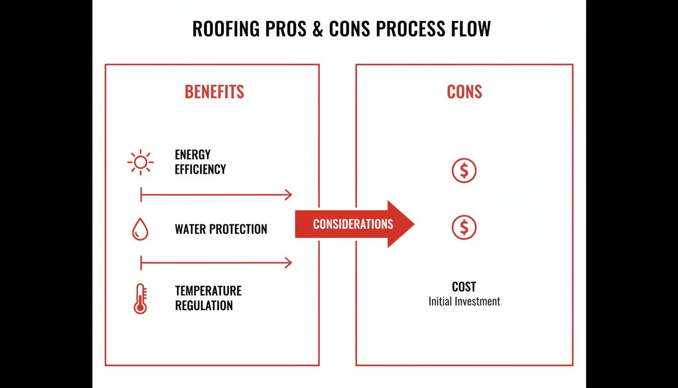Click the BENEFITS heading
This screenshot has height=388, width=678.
coord(214,92)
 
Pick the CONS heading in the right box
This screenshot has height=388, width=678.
coord(464,92)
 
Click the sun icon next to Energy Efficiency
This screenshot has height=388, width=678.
coord(140,162)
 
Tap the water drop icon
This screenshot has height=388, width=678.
coord(140,229)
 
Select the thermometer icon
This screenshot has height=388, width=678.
coord(140,299)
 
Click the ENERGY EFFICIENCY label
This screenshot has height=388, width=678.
coord(200,162)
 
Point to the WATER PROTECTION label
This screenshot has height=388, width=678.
coord(221,229)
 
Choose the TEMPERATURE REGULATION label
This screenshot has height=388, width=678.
coord(208,298)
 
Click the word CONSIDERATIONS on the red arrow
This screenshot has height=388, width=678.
coord(353,224)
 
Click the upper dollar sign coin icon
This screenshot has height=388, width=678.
coord(464,171)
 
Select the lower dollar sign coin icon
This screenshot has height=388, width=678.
coord(464,228)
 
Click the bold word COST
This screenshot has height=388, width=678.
coord(464,287)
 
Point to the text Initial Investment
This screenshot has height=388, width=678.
coord(464,302)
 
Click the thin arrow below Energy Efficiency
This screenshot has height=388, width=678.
coord(216,195)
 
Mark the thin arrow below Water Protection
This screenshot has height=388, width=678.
coord(216,263)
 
